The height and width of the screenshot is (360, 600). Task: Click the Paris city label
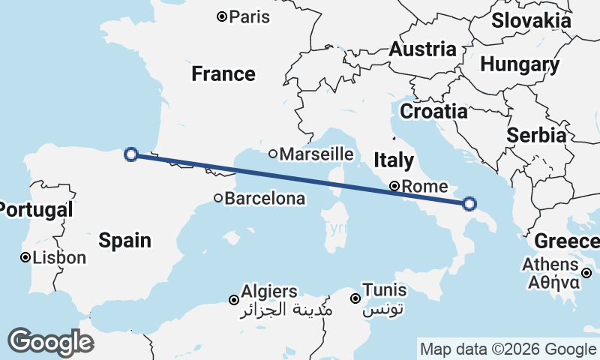click(x=250, y=16)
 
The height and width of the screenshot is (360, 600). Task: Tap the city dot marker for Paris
click(x=222, y=16)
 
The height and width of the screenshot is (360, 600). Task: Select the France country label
click(x=223, y=73)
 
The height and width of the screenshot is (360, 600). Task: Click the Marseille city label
click(x=316, y=154)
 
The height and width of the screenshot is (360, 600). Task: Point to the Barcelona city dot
click(x=218, y=199)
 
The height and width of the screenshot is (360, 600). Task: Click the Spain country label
click(x=125, y=240)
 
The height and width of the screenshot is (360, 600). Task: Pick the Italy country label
click(x=394, y=160)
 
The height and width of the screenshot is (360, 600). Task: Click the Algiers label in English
click(x=269, y=291)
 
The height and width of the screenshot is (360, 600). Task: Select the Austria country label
click(x=422, y=49)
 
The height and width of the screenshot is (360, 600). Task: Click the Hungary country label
click(x=520, y=64)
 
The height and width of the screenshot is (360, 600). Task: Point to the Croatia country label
click(x=433, y=112)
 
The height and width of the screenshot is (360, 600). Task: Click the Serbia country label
click(x=535, y=136)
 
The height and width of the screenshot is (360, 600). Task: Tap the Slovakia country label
click(x=531, y=20)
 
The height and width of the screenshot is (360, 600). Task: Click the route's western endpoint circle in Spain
click(x=131, y=154)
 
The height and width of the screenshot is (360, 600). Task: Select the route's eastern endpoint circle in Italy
click(x=469, y=203)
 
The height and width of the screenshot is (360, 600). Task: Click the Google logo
click(x=51, y=341)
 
